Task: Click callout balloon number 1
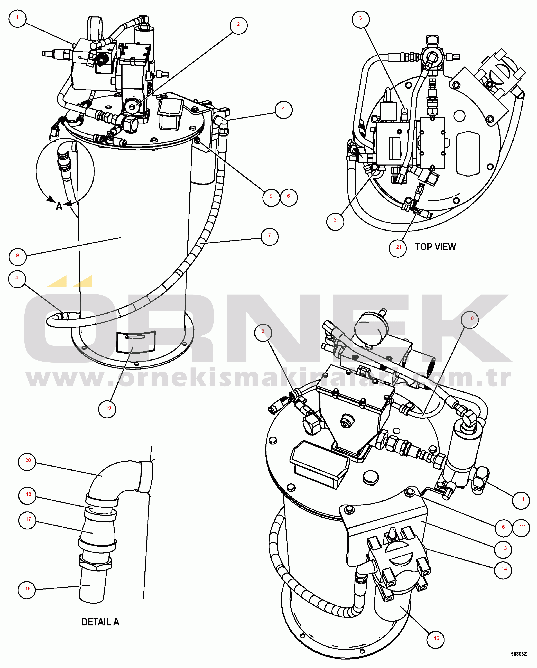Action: tap(17, 18)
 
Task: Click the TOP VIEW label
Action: tap(435, 247)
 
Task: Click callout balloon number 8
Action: tap(263, 332)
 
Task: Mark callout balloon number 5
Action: tap(271, 197)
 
